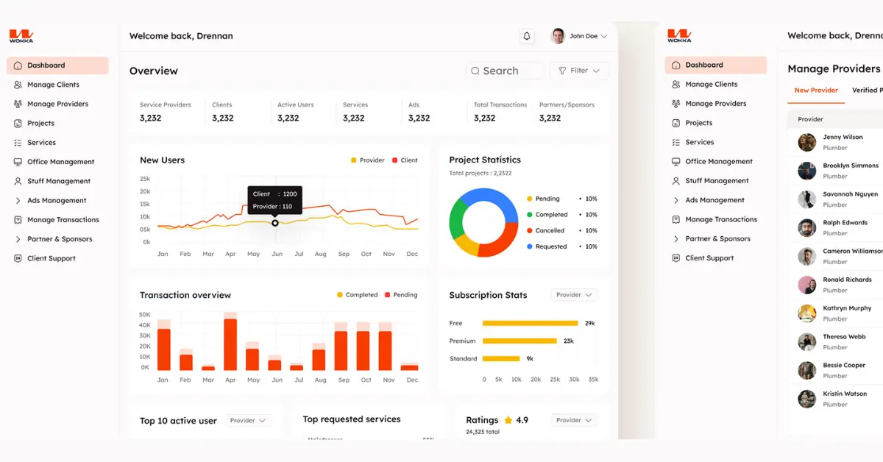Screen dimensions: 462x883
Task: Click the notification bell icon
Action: click(x=526, y=36)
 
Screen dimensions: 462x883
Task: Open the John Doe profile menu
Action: click(x=580, y=36)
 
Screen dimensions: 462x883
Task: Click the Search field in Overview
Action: click(x=505, y=71)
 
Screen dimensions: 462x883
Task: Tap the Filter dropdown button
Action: click(x=579, y=71)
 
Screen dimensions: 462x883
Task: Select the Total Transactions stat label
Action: click(x=500, y=105)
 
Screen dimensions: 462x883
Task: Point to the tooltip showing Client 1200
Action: click(x=274, y=200)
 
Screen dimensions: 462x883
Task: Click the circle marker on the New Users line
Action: click(x=275, y=223)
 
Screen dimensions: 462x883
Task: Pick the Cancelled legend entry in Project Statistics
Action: click(x=549, y=230)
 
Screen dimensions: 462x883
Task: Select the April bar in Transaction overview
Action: click(x=230, y=343)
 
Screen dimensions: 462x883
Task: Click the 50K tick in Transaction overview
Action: click(x=144, y=314)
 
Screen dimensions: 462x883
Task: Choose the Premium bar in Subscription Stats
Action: click(x=519, y=341)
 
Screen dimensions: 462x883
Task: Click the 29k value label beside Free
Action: click(x=589, y=323)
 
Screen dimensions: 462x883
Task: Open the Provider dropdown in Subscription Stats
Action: click(x=574, y=295)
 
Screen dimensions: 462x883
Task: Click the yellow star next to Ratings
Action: click(x=508, y=420)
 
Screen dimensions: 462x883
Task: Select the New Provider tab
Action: click(x=816, y=90)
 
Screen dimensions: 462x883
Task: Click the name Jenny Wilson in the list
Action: click(x=843, y=137)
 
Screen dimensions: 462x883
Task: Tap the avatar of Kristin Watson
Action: click(x=807, y=399)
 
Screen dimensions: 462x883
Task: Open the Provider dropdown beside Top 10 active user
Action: click(x=249, y=421)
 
